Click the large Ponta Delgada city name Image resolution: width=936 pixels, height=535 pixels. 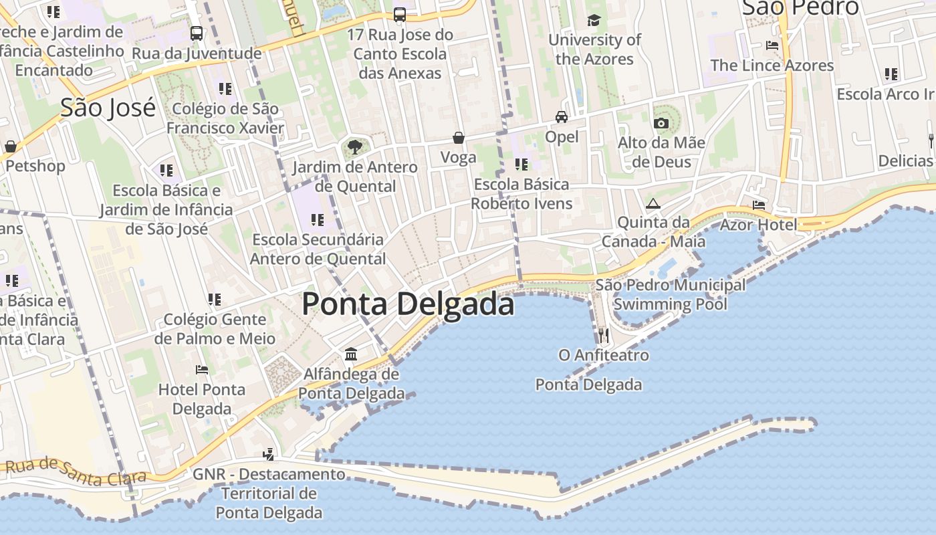point(408,304)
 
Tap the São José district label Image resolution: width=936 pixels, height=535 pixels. point(108,108)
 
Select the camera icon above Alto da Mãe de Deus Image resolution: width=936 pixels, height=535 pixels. point(661,123)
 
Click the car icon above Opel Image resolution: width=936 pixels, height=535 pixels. point(562,116)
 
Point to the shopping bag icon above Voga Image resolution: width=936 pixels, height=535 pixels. point(459,138)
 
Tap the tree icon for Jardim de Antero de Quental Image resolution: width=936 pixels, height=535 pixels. point(354,146)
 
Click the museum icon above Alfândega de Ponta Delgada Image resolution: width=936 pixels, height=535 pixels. point(351,354)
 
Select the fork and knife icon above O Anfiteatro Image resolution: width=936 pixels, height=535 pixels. point(604,334)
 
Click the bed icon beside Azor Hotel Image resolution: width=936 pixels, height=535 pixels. point(759,205)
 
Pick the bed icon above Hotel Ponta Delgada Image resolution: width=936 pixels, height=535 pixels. point(202,369)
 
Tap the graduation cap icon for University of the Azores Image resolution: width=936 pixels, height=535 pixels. point(594,20)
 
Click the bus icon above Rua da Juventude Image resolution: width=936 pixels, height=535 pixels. point(197,33)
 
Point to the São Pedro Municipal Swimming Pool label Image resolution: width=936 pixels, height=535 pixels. point(671,294)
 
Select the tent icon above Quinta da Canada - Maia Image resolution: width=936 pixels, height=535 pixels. point(653,203)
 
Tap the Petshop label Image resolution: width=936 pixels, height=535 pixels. point(35,166)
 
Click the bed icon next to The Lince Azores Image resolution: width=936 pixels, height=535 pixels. point(772,45)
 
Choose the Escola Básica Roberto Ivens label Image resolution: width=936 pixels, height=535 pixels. point(521,194)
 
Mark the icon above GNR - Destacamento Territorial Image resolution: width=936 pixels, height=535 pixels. point(269,455)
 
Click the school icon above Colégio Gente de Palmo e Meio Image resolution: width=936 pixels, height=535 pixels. point(215,299)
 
